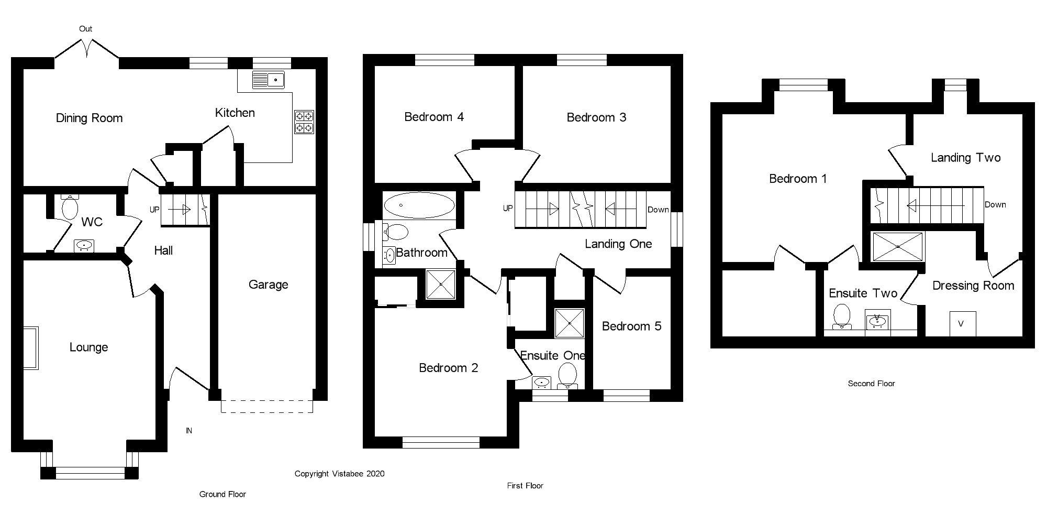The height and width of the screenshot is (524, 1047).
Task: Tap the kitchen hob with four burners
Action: click(304, 122)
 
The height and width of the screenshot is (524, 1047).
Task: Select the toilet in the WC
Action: click(70, 206)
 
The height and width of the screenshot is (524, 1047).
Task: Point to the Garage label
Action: click(269, 285)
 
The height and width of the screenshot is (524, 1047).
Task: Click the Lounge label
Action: click(89, 347)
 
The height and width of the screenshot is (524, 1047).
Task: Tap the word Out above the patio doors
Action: click(86, 29)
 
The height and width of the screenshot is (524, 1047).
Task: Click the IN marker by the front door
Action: click(189, 431)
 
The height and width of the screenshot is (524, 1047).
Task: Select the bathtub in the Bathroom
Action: click(419, 205)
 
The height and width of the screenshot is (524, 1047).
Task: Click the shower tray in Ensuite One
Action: click(569, 323)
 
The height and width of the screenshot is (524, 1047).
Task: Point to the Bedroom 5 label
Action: click(632, 326)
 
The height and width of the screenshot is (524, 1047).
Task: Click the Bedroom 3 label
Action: click(597, 117)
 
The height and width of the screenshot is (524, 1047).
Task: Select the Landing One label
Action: click(618, 244)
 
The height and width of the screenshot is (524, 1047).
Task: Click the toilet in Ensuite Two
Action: click(842, 316)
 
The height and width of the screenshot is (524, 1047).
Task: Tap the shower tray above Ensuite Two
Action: click(898, 246)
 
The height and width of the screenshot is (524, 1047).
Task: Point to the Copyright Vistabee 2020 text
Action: click(340, 474)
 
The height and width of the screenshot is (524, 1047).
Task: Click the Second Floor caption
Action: click(872, 384)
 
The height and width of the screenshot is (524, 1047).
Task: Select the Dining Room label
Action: click(90, 118)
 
